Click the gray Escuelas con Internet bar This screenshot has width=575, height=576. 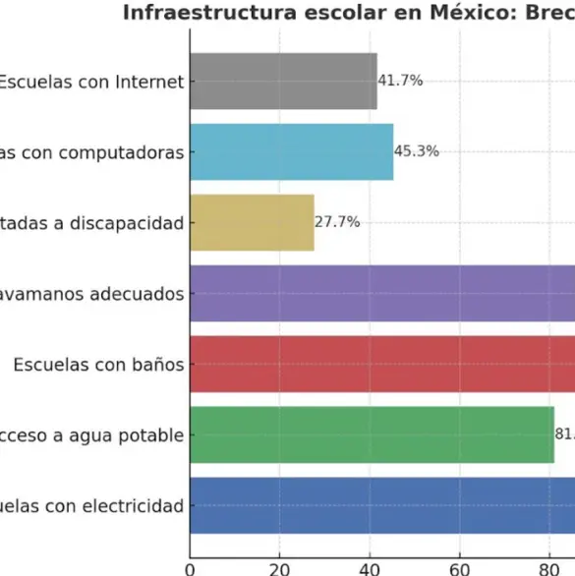[x=283, y=82]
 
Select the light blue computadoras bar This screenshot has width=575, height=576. [x=291, y=152]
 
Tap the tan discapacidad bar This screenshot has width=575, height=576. [x=252, y=223]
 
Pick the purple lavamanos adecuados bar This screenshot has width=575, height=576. [x=382, y=294]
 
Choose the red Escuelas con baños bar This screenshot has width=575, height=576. [x=382, y=365]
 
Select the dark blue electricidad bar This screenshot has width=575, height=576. [x=382, y=506]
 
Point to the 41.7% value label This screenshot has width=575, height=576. [x=401, y=81]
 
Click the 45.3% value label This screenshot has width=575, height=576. [x=417, y=151]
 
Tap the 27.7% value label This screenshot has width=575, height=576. [x=338, y=222]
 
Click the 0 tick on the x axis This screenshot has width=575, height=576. [x=190, y=566]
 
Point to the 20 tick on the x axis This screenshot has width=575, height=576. [x=279, y=566]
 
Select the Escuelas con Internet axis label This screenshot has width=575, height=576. [x=90, y=83]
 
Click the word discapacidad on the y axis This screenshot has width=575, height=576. [x=130, y=224]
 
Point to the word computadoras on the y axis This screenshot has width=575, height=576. [x=125, y=153]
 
